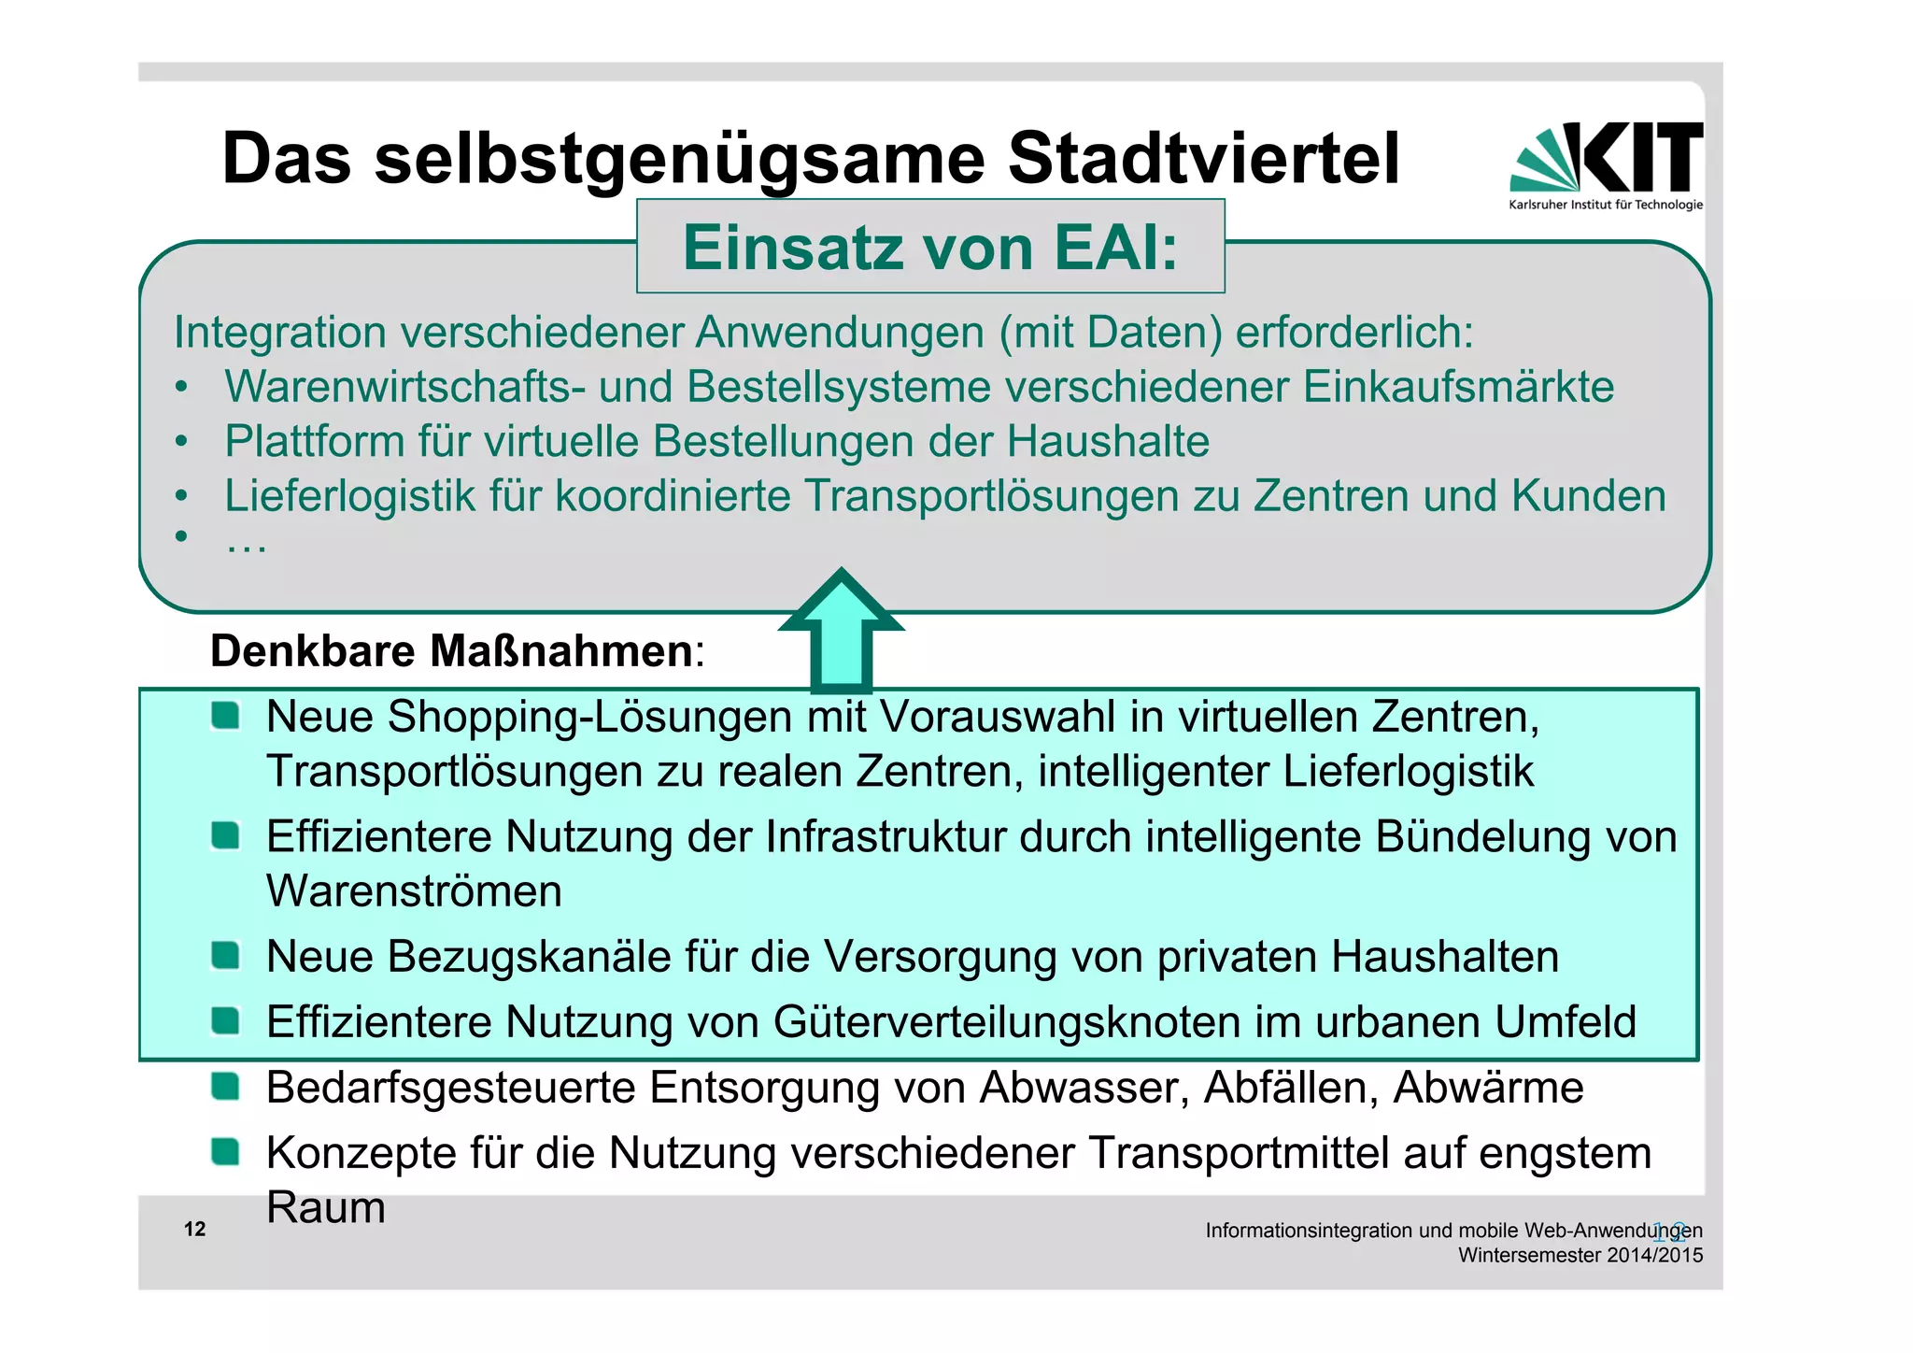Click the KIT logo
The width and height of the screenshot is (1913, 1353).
1606,164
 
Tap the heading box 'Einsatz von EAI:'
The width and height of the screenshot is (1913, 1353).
929,248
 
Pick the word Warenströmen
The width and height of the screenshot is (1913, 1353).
414,890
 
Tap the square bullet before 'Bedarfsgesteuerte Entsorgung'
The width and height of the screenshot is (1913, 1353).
225,1087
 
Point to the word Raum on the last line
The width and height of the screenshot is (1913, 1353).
325,1207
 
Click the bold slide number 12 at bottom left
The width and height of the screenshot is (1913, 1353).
194,1229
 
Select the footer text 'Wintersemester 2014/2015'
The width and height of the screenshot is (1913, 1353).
1580,1255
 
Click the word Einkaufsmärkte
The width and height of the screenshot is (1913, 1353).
1458,387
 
